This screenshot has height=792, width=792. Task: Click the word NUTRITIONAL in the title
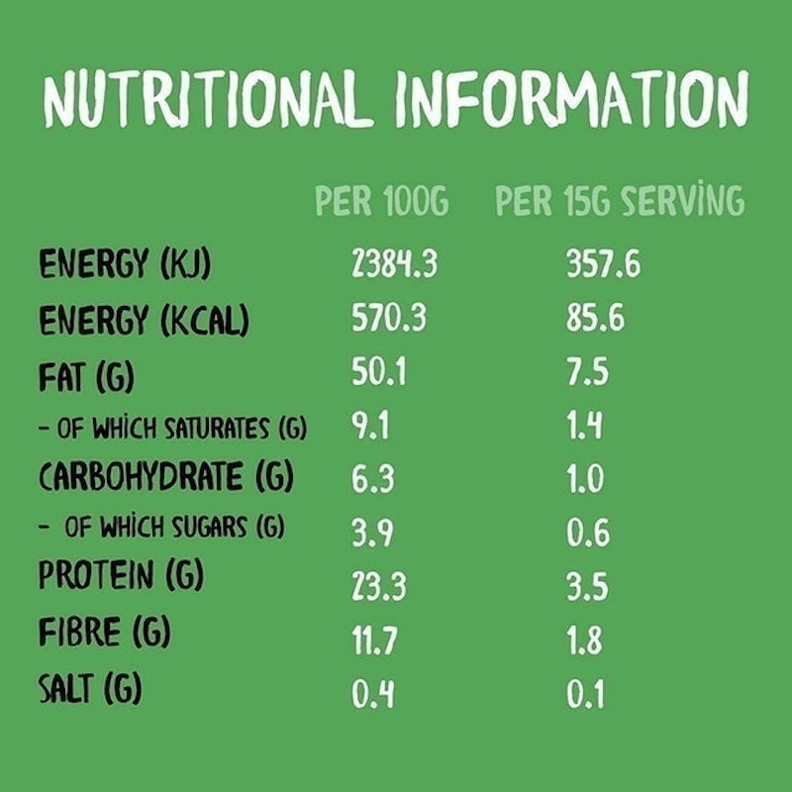click(208, 99)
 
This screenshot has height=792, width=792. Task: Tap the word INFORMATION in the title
click(573, 98)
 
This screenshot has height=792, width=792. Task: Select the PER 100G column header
click(382, 201)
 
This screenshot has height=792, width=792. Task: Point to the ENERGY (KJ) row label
click(125, 263)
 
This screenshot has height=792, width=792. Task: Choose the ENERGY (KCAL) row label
click(144, 319)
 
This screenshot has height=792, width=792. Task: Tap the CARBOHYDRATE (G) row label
click(166, 476)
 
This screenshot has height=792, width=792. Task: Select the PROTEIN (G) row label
click(121, 575)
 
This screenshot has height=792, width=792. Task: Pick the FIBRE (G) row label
click(105, 632)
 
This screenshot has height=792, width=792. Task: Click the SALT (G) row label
click(90, 688)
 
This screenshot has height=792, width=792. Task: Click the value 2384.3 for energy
click(394, 263)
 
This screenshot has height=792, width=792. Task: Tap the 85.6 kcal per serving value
click(595, 317)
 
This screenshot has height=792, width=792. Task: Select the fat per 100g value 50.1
click(379, 371)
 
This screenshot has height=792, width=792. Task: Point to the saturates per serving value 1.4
click(584, 426)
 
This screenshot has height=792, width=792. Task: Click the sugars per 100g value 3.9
click(372, 533)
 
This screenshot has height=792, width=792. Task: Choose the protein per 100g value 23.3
click(379, 586)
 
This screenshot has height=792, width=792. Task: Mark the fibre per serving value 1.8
click(584, 640)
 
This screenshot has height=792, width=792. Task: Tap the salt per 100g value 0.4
click(373, 694)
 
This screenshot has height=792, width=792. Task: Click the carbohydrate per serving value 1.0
click(585, 478)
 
